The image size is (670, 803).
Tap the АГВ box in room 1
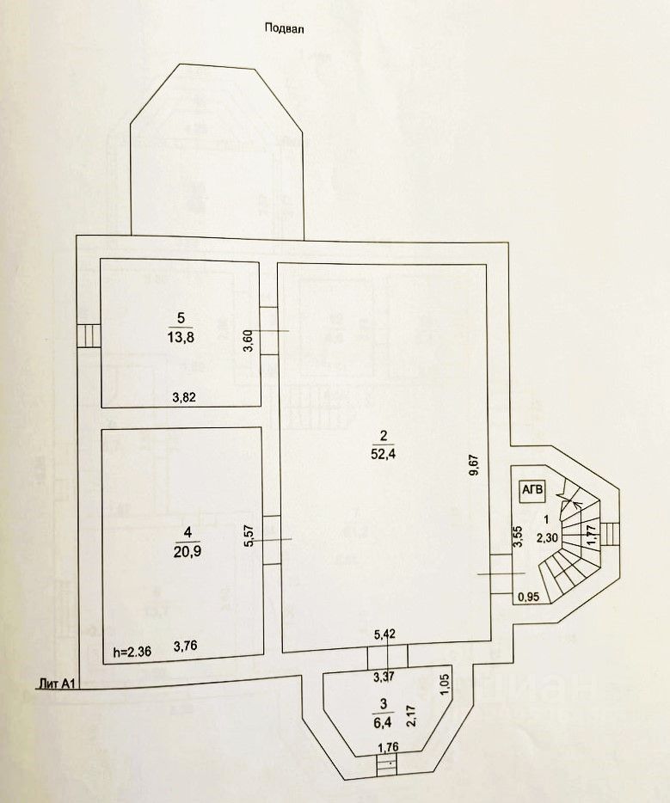coord(532,489)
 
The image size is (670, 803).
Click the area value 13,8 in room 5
coord(181,337)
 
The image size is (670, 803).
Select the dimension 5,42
coord(384,635)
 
